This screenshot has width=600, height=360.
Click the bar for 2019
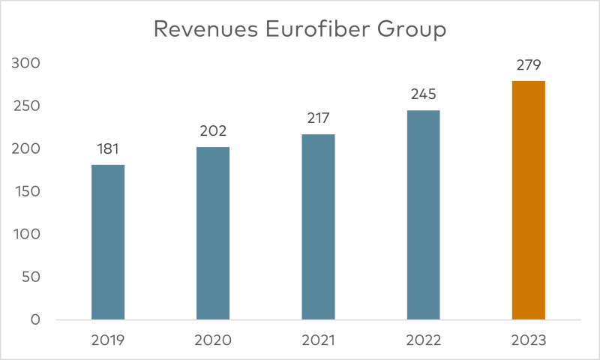click(x=108, y=242)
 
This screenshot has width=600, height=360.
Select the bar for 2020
click(x=213, y=233)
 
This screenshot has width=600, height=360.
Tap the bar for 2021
click(x=318, y=227)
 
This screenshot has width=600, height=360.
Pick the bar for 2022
click(x=423, y=215)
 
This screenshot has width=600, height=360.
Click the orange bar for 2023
click(x=528, y=200)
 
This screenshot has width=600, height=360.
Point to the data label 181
click(x=108, y=149)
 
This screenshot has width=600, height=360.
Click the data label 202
click(x=213, y=131)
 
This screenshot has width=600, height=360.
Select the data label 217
click(x=318, y=118)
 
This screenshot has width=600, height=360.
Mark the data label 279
click(x=528, y=65)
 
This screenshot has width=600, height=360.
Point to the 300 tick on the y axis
click(x=27, y=64)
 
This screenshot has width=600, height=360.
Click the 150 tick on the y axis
click(x=27, y=192)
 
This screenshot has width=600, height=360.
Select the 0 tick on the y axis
click(x=34, y=320)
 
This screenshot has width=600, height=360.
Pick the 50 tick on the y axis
click(x=30, y=277)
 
